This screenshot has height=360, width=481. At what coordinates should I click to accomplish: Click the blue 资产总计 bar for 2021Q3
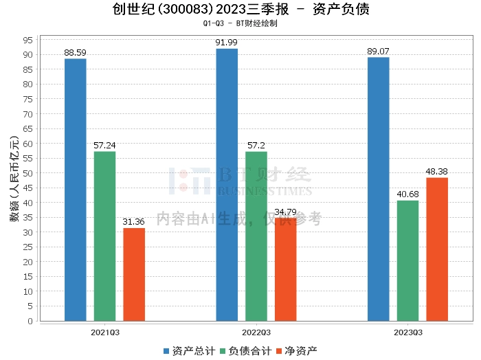(x=75, y=190)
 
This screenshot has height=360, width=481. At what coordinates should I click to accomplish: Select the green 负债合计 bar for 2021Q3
(x=104, y=236)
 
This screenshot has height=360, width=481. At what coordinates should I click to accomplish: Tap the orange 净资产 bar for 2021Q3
(x=134, y=274)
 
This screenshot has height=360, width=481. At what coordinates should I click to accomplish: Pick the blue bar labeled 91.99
(x=227, y=185)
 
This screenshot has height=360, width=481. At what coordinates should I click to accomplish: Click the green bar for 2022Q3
(x=256, y=236)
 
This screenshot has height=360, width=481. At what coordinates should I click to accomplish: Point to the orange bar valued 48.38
(x=437, y=249)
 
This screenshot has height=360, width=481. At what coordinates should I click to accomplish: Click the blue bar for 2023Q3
(x=378, y=189)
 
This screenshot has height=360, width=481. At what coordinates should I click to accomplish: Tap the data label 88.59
(x=75, y=53)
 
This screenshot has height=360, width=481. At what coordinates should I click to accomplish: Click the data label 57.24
(x=104, y=146)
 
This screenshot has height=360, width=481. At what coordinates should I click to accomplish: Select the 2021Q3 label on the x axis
(x=104, y=332)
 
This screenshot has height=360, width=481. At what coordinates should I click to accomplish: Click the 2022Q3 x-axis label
(x=256, y=332)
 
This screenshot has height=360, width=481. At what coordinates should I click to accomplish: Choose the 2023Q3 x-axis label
(x=407, y=332)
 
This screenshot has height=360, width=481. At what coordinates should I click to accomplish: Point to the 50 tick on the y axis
(x=28, y=173)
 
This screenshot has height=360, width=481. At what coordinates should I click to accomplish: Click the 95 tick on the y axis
(x=28, y=40)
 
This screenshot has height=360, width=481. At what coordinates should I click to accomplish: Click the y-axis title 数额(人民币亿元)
(x=13, y=179)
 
